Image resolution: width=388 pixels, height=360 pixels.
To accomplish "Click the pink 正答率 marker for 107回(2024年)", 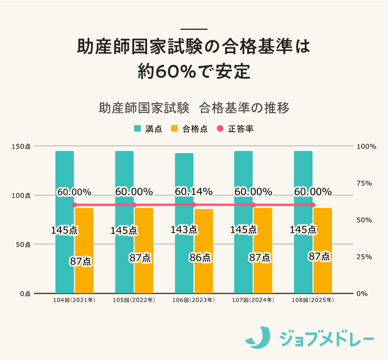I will pos(253,205).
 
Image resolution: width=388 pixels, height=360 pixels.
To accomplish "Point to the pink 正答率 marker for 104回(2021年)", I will pos(74,205).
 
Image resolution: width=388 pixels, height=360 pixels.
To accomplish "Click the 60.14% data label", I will pos(193,192).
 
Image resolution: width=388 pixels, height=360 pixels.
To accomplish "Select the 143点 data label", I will pos(184,229).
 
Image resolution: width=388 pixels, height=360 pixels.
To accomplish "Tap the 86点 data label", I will pos(200,258).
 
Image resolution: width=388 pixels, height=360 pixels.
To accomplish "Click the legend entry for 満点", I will pos(148,129).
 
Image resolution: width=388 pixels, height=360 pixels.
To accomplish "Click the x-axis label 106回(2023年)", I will pos(193,300).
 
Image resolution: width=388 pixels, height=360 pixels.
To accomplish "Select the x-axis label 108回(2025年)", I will pos(313,300).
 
